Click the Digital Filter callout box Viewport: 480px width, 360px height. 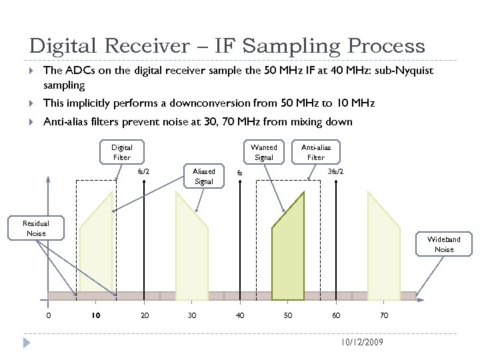click(121, 152)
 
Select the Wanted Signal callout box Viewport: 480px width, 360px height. click(264, 152)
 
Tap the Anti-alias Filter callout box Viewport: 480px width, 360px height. click(316, 152)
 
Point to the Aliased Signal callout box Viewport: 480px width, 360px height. click(203, 176)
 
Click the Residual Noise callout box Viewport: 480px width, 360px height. click(35, 229)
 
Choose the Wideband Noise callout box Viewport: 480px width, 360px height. click(444, 244)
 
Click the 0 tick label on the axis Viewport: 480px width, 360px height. click(48, 315)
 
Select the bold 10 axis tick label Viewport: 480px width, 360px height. click(96, 315)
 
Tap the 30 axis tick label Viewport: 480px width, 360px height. click(192, 315)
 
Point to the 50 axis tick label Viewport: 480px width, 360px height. click(288, 315)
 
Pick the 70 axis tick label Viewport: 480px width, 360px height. click(384, 315)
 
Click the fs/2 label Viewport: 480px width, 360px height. click(143, 171)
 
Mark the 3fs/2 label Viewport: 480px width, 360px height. click(336, 171)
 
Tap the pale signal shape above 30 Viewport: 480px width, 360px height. click(192, 247)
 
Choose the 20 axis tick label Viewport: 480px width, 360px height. click(144, 315)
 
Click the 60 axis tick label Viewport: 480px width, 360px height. click(336, 315)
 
